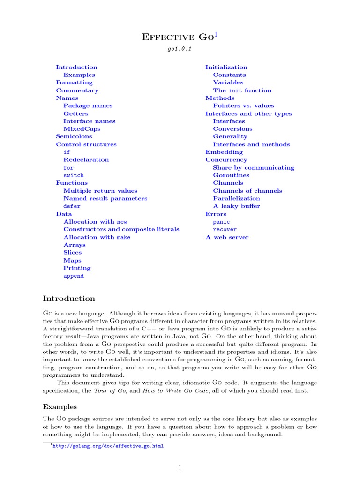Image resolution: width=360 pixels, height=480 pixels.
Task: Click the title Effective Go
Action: coord(177,37)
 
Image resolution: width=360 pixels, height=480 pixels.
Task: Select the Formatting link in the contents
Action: coord(74,82)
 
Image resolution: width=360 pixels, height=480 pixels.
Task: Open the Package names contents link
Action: coord(88,106)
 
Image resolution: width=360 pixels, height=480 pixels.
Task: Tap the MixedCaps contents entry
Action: coord(82,129)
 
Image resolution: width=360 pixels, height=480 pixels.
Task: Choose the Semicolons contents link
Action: coord(74,136)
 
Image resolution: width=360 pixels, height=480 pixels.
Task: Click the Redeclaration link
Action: coord(86,160)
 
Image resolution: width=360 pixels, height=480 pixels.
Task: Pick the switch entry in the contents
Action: coord(74,175)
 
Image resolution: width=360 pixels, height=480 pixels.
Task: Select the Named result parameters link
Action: coord(105,198)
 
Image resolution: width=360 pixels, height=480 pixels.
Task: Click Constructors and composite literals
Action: coord(121,229)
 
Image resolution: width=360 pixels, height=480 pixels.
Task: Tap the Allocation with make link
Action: coord(97,237)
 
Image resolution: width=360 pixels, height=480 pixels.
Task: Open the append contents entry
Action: coord(74,276)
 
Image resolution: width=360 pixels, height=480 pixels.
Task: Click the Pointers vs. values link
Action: coord(244,106)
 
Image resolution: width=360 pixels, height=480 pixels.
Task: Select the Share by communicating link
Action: coord(254,168)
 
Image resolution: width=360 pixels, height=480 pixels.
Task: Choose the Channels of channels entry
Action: coord(247,191)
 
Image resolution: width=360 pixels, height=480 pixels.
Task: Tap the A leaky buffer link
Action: coord(236,206)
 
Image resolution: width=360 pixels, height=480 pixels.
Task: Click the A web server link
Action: coord(227,237)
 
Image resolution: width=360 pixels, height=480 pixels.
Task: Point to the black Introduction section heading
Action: coord(69,299)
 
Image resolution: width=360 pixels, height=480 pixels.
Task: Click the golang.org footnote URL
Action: coord(108,446)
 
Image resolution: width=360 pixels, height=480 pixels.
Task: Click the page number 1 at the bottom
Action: coord(180,467)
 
